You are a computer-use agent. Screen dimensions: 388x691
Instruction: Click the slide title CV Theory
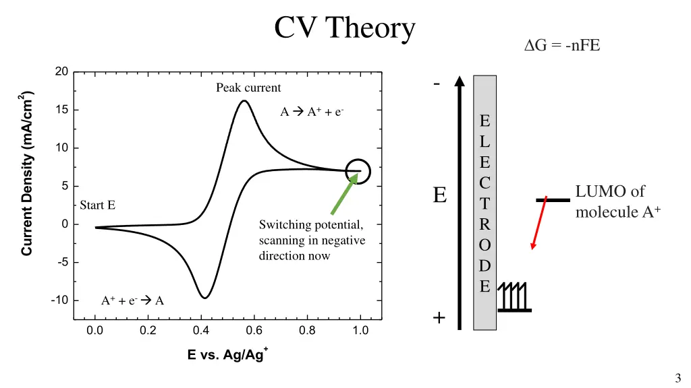pos(345,28)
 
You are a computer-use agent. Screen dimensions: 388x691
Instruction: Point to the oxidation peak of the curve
pos(244,102)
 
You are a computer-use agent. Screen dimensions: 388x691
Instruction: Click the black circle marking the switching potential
pos(358,171)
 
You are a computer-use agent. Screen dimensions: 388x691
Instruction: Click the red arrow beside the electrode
pos(538,224)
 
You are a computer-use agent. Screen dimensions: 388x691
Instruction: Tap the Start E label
pos(97,205)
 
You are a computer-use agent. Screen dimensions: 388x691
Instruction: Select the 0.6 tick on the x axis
pos(254,331)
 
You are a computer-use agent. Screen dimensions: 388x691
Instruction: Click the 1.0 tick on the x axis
pos(360,331)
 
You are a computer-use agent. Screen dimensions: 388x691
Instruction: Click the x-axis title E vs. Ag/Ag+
pos(227,355)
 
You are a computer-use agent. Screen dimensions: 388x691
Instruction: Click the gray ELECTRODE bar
pos(485,202)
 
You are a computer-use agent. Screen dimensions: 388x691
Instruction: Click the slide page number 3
pos(677,378)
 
